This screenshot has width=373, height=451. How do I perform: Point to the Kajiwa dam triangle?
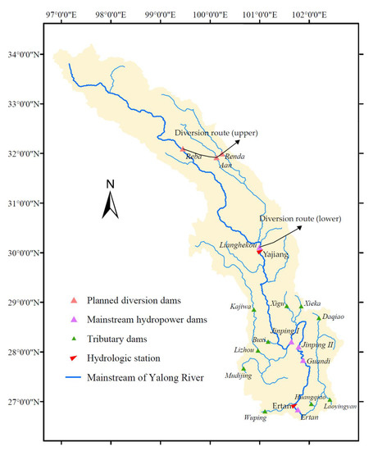coord(254,310)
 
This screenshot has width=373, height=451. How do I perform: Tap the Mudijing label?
coord(237,376)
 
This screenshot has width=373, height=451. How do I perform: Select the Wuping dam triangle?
coord(264,412)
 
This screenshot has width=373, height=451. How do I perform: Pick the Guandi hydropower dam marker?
coord(302,361)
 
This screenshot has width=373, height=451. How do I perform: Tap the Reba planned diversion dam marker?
coord(182,149)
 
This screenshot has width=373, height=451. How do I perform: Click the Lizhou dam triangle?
coord(257,350)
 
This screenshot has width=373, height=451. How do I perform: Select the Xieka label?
coord(312,303)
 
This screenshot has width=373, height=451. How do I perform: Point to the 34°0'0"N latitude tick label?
coord(27,56)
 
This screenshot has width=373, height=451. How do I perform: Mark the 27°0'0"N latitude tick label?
coord(27,402)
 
